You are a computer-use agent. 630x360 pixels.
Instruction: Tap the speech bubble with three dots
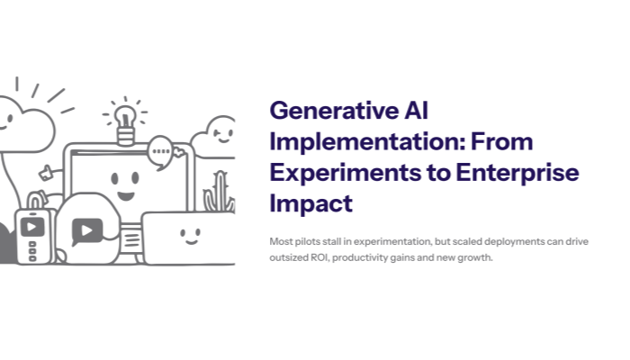(161, 150)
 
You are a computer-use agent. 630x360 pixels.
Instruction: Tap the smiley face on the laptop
(189, 235)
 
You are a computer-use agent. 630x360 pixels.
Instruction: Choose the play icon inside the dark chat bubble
(85, 229)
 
